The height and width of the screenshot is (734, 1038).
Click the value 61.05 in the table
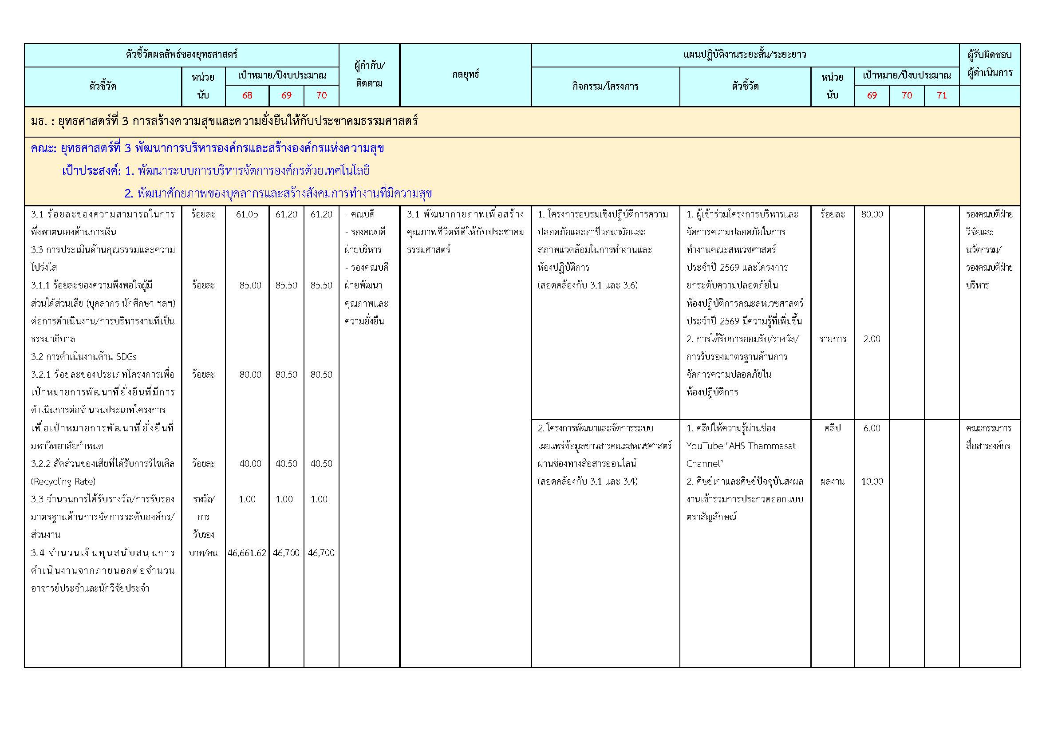pos(247,214)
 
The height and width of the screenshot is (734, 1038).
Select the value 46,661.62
pos(247,553)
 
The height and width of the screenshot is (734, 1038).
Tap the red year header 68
pos(247,95)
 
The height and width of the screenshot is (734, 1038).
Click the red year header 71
pos(942,95)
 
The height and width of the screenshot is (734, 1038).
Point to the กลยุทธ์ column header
pos(465,75)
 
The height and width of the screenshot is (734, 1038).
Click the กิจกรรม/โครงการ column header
pos(605,86)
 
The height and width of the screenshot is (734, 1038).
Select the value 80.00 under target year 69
pos(872,214)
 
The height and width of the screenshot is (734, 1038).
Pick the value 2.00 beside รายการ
pos(872,339)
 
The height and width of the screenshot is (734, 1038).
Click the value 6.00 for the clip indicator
pos(872,428)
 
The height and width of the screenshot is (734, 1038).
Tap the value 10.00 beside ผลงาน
pos(872,481)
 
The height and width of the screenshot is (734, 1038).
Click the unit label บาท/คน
pos(203,553)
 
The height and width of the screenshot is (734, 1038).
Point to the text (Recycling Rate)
pos(63,481)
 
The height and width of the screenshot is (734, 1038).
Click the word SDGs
pos(126,357)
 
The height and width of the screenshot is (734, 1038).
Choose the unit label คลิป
pos(832,428)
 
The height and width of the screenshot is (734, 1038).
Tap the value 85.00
pos(250,285)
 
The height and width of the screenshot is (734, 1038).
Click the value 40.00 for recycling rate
pos(250,464)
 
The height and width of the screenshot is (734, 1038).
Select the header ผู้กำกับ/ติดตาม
pos(369,75)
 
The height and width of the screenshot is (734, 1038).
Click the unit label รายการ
pos(832,339)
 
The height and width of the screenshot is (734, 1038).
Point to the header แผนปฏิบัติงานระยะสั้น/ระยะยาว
pos(745,55)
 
